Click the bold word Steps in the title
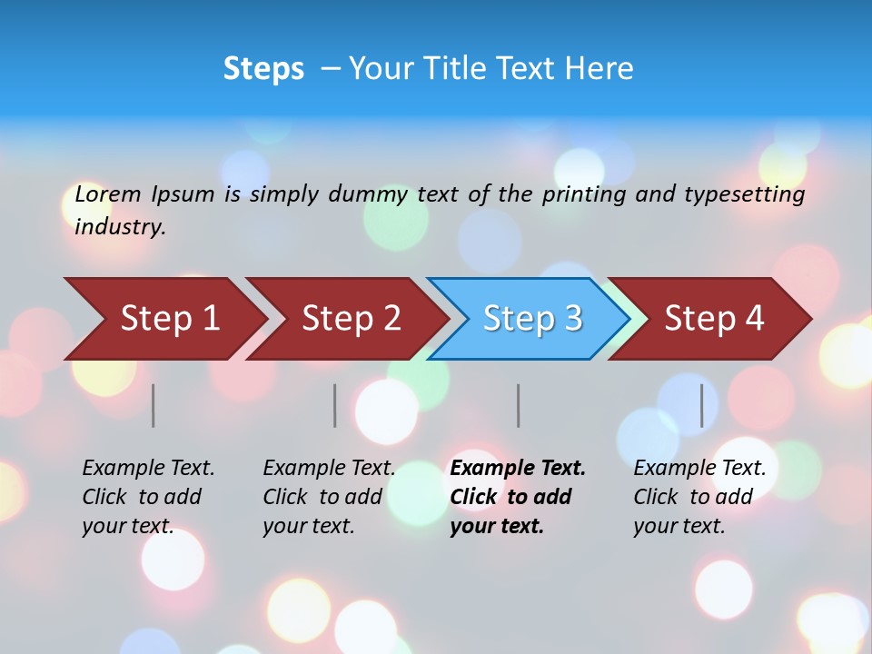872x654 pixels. point(263,69)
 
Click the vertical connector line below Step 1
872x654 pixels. point(154,405)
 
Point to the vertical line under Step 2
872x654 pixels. point(335,405)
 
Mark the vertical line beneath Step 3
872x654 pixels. point(519,405)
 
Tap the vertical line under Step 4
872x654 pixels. point(702,405)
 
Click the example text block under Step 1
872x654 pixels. point(148,497)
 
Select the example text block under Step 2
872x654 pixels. point(329,497)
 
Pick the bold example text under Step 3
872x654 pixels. point(518,497)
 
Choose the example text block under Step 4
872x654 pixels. point(699,497)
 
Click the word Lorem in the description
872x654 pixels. point(108,193)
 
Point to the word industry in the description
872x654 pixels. point(120,227)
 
